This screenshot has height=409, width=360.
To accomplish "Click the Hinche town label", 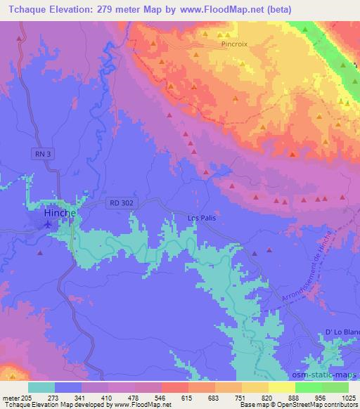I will click(x=59, y=212).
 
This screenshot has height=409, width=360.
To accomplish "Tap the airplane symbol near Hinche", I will click(x=48, y=225).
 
